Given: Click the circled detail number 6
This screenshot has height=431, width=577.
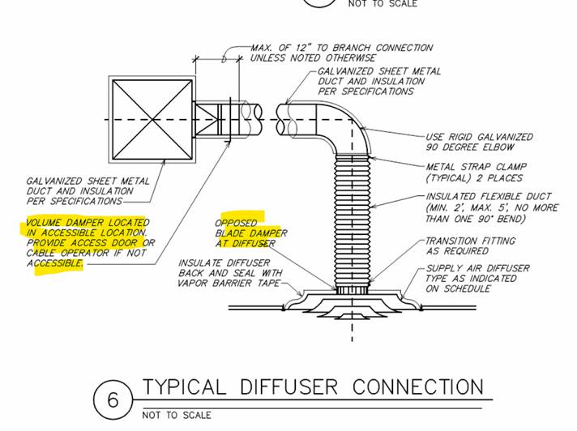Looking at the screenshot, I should click(x=113, y=399).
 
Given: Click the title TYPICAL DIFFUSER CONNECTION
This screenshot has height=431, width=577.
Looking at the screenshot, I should click(x=313, y=386).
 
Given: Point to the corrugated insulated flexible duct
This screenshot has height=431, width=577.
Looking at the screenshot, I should click(x=353, y=219).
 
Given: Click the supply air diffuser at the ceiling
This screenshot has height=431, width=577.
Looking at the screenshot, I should click(x=353, y=303).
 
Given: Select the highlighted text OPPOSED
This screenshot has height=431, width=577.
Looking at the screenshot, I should click(x=236, y=223).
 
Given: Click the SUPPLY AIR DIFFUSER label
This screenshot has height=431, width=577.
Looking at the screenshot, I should click(x=477, y=267).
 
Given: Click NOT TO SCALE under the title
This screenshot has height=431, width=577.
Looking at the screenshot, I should click(x=177, y=415).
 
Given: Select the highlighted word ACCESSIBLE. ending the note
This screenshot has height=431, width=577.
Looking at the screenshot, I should click(x=54, y=263).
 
